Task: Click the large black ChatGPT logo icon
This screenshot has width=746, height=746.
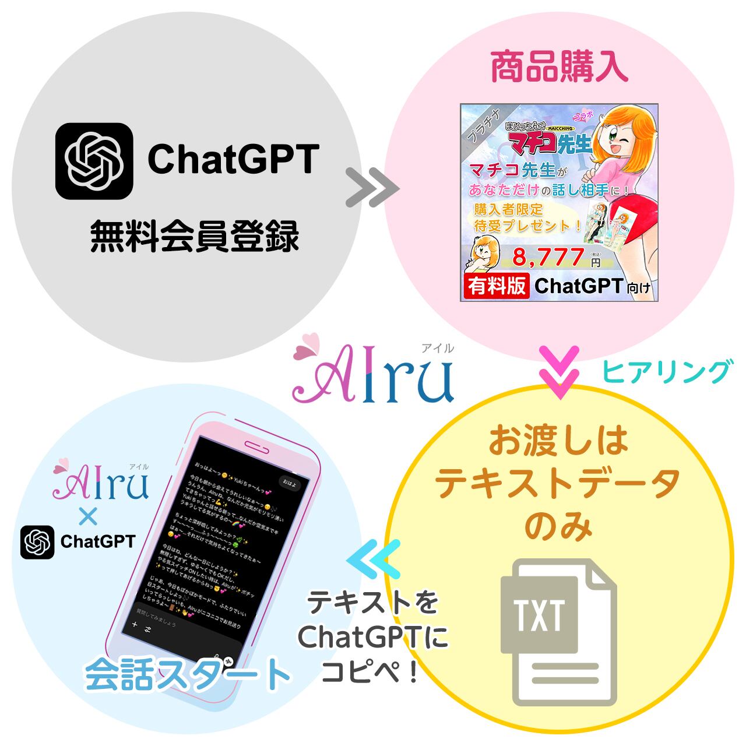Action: [94, 161]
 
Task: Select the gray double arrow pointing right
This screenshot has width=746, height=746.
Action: [372, 188]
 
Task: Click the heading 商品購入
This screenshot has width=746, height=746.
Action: [559, 69]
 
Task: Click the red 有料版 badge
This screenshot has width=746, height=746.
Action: [497, 286]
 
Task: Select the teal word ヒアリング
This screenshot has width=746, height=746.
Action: [666, 371]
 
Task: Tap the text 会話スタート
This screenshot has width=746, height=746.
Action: [187, 674]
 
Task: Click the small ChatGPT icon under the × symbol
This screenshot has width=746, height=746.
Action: [37, 542]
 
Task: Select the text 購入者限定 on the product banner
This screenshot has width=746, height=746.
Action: [509, 209]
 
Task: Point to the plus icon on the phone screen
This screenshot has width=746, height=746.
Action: [135, 625]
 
